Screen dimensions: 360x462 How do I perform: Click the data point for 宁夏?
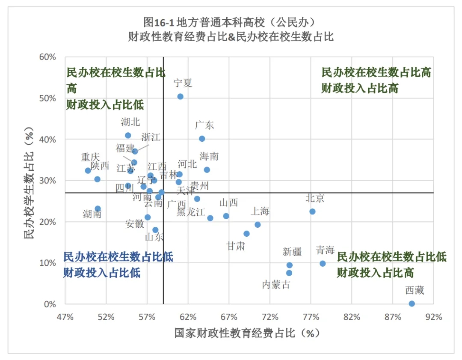180,97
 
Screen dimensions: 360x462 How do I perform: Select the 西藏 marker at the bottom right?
412,303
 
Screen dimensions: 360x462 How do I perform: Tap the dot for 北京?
312,211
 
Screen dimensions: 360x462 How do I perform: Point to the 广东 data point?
202,139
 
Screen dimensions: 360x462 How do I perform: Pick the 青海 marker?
323,264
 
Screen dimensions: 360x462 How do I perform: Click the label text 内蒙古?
276,284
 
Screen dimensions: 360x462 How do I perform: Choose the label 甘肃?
236,246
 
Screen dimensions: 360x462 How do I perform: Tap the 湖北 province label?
130,122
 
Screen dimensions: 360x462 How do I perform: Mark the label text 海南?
209,156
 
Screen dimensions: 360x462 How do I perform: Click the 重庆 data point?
88,170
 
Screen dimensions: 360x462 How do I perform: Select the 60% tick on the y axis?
48,57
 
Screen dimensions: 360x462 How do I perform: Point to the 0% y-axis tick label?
50,304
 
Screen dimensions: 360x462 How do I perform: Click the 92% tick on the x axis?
433,317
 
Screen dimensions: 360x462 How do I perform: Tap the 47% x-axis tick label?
65,317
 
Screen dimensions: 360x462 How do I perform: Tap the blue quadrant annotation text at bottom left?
118,264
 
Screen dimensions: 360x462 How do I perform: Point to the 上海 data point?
258,225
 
